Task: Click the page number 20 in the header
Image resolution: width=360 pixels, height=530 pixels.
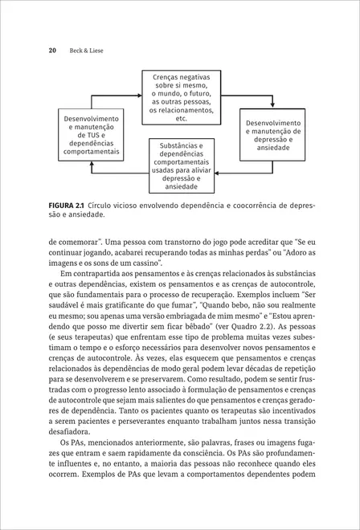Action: click(52, 51)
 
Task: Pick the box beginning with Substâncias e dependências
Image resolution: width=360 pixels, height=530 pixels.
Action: click(182, 165)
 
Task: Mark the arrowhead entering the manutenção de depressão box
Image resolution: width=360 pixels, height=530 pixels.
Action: click(273, 111)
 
